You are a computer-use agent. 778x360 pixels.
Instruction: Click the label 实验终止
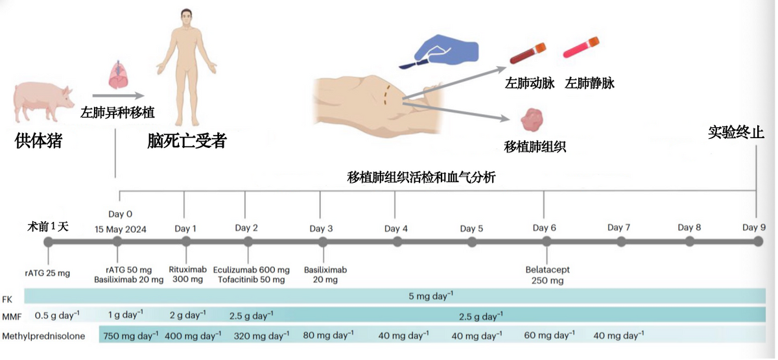pyautogui.click(x=736, y=133)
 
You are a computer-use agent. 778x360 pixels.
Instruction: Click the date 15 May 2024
pyautogui.click(x=121, y=228)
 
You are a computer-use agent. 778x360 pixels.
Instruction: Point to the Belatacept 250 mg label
pyautogui.click(x=545, y=275)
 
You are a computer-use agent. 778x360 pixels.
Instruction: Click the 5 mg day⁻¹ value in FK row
pyautogui.click(x=430, y=296)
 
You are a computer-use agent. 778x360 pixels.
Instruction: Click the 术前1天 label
pyautogui.click(x=47, y=226)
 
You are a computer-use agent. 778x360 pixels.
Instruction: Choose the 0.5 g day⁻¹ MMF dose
pyautogui.click(x=57, y=315)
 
